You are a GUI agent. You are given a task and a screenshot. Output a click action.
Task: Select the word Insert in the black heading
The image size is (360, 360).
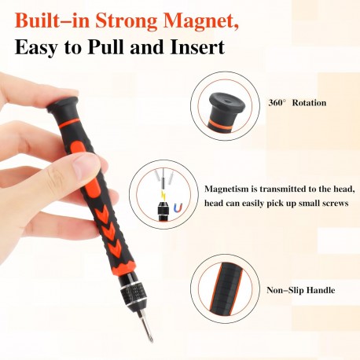(x=197, y=47)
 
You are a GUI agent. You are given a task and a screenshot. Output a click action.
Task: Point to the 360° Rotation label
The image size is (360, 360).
(x=297, y=102)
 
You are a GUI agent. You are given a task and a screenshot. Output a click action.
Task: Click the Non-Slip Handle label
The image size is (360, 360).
(x=300, y=290)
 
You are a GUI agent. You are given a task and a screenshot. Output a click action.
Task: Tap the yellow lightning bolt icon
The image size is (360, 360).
(x=163, y=196)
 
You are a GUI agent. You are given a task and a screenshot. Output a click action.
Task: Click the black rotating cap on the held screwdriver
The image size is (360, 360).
(x=63, y=105)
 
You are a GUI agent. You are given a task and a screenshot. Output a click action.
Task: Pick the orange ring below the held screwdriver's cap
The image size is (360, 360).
(x=68, y=123)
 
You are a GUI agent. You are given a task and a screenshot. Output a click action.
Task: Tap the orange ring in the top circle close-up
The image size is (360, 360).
(x=221, y=126)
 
